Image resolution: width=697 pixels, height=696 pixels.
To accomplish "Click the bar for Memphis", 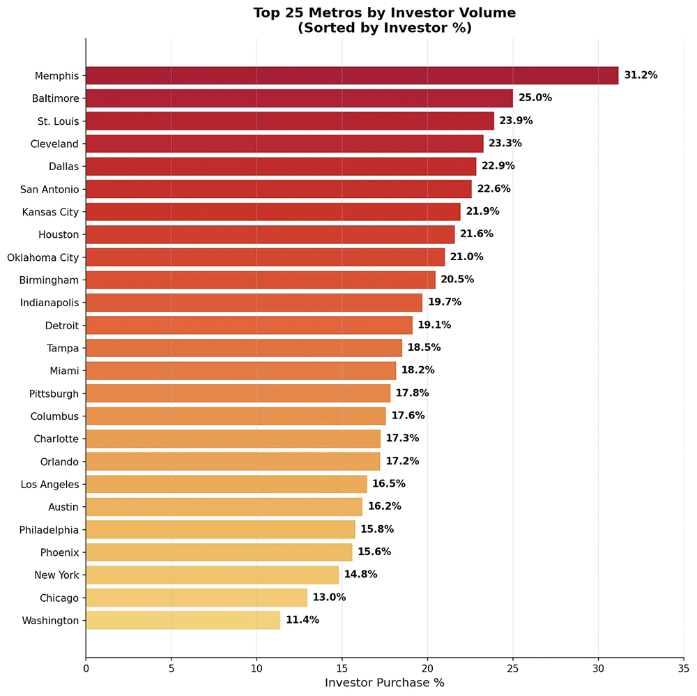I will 352,75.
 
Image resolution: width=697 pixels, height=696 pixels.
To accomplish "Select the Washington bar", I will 183,620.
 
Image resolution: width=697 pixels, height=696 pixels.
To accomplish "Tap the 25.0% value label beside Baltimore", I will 535,98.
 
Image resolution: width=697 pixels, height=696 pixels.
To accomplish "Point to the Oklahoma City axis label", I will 43,257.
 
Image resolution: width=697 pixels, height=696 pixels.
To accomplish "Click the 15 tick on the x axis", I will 342,667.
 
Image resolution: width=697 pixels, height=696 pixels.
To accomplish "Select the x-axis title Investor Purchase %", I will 384,682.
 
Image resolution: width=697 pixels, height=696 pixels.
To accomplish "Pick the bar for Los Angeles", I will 226,484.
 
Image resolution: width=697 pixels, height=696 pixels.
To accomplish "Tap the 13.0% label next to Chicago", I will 329,597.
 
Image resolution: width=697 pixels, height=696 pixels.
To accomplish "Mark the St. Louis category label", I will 58,121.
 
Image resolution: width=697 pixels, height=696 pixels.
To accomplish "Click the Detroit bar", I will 249,325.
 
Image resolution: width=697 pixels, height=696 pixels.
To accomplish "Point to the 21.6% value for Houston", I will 477,234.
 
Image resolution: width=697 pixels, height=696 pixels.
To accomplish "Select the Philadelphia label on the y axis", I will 49,529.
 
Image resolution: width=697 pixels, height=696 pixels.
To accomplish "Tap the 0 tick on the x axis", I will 86,667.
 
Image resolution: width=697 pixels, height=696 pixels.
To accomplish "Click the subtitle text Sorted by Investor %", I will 384,28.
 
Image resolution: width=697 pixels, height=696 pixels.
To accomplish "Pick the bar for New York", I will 212,575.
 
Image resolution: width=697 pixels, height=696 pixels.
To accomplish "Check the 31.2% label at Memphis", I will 641,75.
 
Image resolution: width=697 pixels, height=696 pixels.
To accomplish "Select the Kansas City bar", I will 273,211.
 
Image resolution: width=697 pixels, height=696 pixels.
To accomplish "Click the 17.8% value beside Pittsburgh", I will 413,393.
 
